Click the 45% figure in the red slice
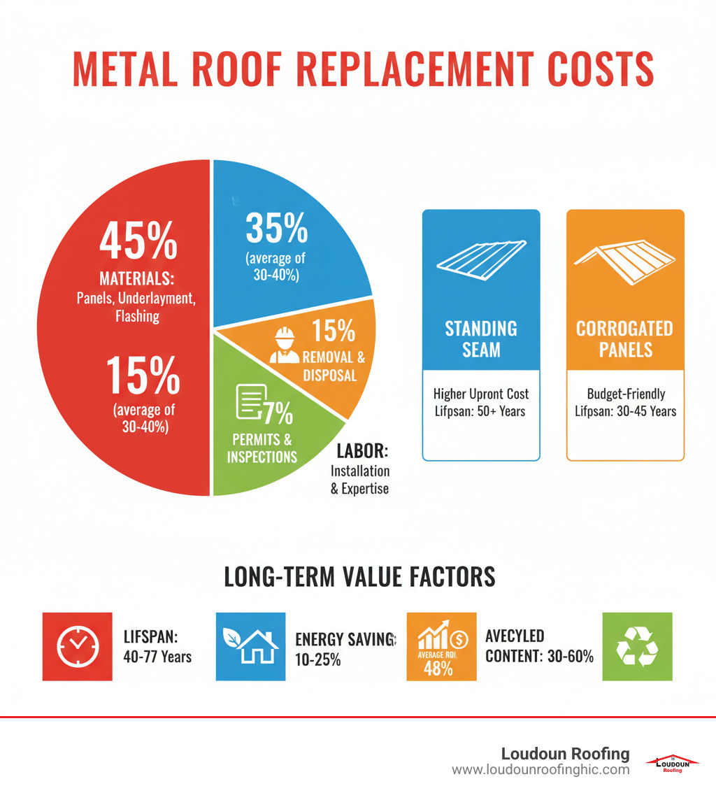point(138,241)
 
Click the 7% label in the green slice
point(278,414)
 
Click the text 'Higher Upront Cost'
point(481,394)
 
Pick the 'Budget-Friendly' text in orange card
point(625,394)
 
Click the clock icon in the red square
point(77,646)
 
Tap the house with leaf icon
point(250,646)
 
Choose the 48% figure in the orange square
point(438,668)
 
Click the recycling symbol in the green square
point(637,646)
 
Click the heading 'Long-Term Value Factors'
point(359,576)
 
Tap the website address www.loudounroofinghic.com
point(540,770)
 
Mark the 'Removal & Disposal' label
point(334,366)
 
